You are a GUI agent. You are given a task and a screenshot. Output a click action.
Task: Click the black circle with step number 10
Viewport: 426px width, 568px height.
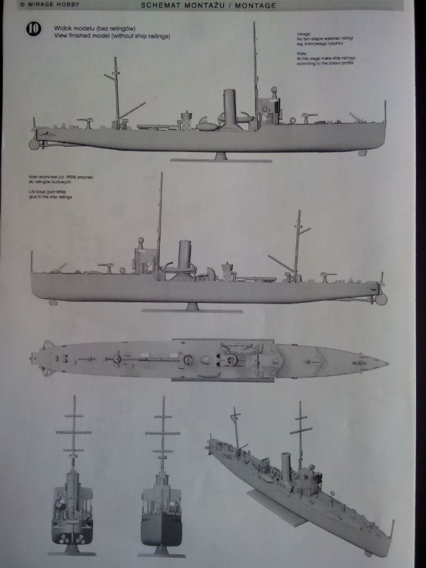[33, 29]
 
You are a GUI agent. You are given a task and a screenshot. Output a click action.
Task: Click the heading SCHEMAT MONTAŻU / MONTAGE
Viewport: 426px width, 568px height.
[208, 5]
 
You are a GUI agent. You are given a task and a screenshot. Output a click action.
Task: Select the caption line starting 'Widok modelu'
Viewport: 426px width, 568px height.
[83, 30]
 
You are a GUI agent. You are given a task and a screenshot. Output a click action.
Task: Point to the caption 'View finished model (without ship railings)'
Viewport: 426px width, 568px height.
[103, 36]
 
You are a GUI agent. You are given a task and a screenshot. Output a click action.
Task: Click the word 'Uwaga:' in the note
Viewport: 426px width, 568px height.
[302, 33]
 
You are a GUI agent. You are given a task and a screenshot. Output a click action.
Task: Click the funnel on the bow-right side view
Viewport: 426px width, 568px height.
[230, 108]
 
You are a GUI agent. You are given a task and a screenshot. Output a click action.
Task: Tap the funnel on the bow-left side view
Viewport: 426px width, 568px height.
[184, 256]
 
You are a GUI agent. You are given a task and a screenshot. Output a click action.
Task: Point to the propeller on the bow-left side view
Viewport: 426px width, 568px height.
[380, 297]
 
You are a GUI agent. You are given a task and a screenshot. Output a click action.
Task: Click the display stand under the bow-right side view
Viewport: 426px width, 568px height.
[220, 158]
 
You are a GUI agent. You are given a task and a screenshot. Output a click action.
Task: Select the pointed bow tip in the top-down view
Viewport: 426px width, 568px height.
[385, 363]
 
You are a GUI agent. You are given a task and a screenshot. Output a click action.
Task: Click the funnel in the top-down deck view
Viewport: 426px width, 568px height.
[188, 360]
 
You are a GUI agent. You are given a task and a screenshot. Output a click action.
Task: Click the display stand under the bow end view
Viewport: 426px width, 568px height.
[161, 551]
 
